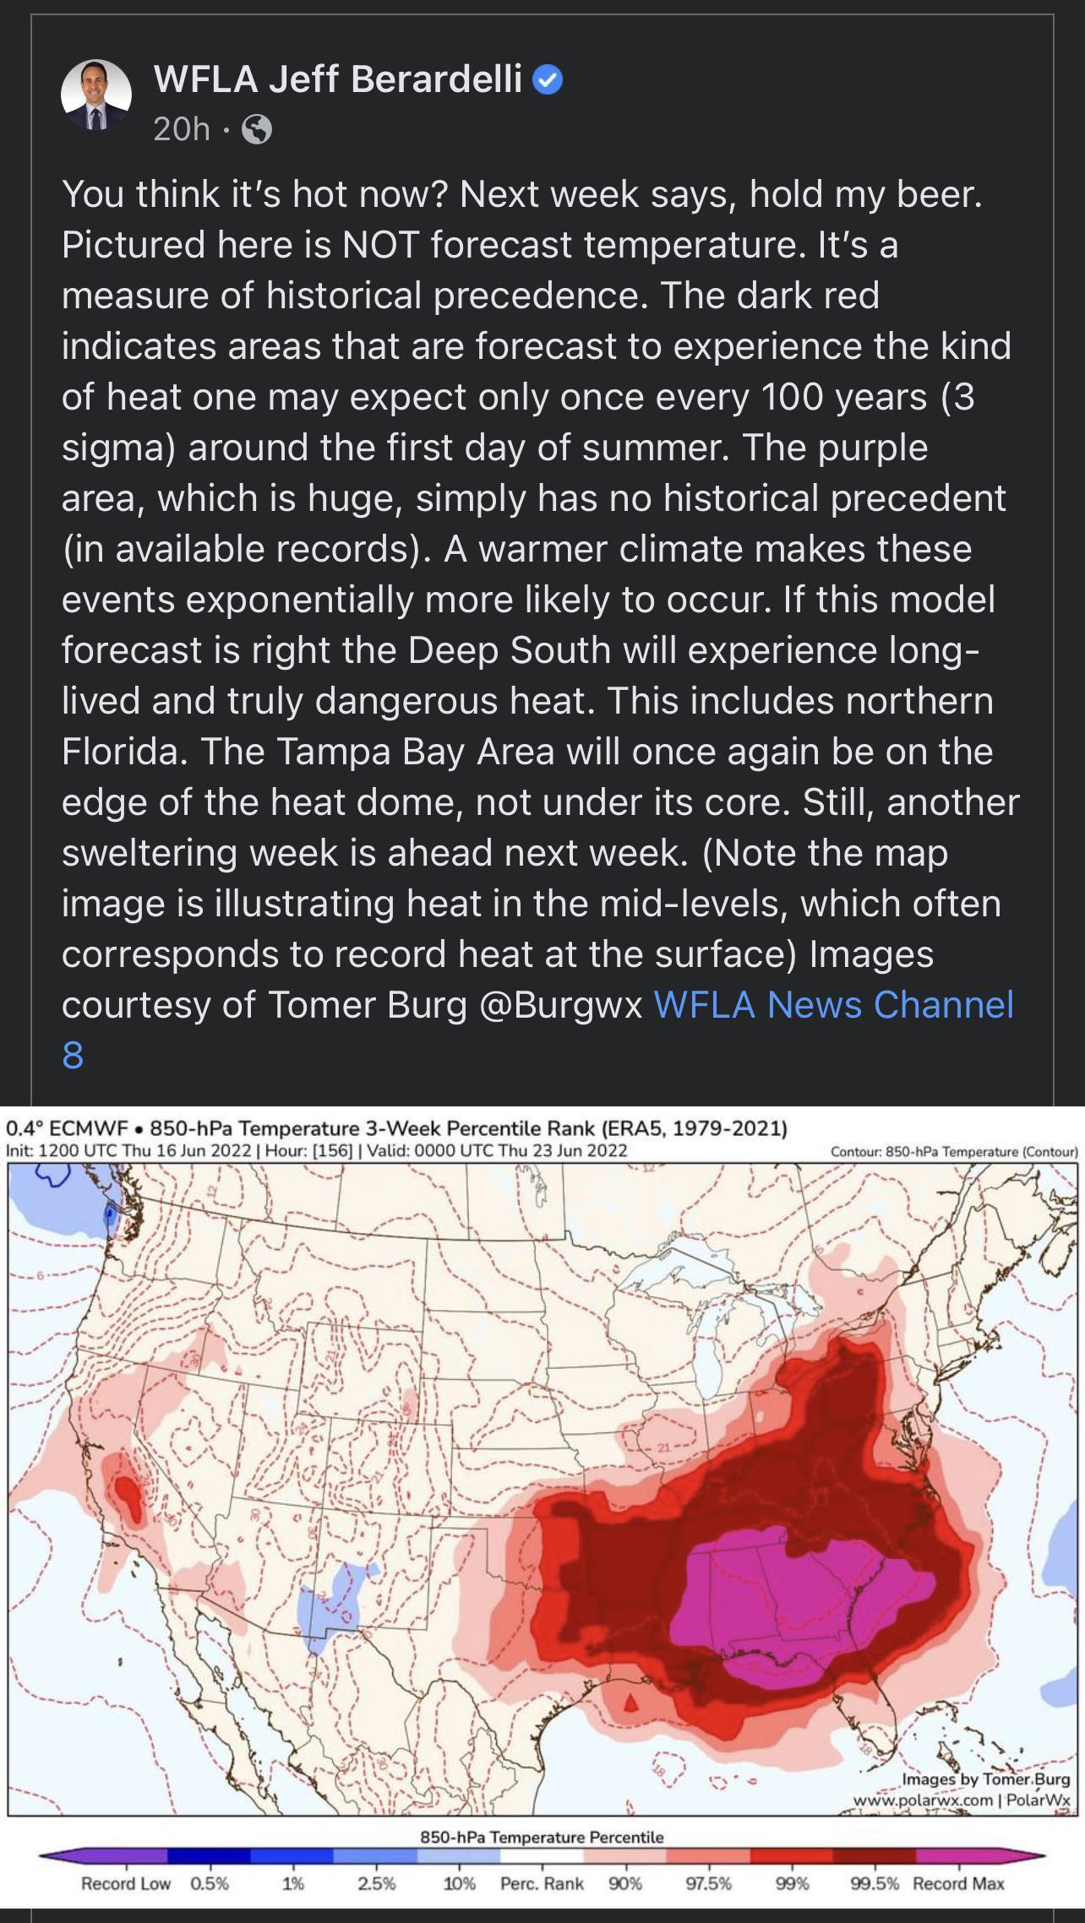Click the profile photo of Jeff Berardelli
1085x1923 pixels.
[x=96, y=95]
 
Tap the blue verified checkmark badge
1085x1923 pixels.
[x=548, y=80]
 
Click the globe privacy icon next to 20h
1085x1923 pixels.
[x=257, y=129]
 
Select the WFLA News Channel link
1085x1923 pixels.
[x=833, y=1005]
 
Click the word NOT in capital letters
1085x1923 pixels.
[x=380, y=245]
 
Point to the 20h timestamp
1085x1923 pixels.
[x=181, y=129]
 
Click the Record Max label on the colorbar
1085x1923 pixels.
[x=958, y=1884]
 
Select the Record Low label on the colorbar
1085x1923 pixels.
[x=125, y=1884]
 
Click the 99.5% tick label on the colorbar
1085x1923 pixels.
[x=875, y=1884]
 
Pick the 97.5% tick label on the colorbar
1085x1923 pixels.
[x=708, y=1884]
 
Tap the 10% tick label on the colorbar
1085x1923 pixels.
[x=459, y=1884]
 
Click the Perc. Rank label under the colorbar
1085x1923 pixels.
[x=542, y=1884]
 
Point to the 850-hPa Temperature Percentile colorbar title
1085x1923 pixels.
[x=542, y=1837]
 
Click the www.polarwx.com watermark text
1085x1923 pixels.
[x=923, y=1801]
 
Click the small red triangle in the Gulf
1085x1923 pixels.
[x=630, y=1703]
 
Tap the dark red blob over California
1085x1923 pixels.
[x=127, y=1497]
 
